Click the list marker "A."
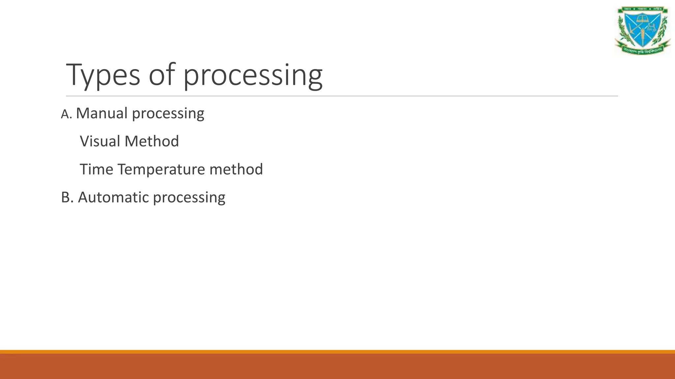(66, 114)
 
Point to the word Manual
(102, 113)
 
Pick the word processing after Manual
(168, 114)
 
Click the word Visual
(100, 141)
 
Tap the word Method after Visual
(152, 141)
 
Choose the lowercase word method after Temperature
(236, 169)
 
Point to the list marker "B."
(67, 197)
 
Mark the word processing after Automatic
(189, 198)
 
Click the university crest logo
(643, 30)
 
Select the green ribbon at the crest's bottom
(643, 50)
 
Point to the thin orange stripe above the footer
(337, 352)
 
